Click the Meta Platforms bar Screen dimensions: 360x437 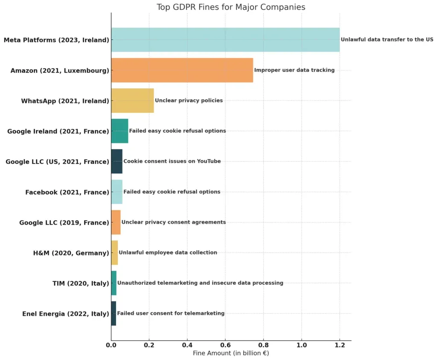tap(225, 40)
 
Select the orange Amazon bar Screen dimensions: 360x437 tap(182, 70)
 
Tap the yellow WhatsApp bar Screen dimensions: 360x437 tap(132, 101)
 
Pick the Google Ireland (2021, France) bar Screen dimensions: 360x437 tap(119, 131)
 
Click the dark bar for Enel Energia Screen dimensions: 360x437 tap(114, 313)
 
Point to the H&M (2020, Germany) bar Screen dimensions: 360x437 tap(114, 252)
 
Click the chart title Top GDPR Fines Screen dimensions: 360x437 tap(231, 7)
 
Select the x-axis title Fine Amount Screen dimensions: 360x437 tap(231, 353)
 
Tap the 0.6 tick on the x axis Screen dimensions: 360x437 tap(225, 344)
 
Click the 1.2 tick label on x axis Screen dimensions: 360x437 tap(340, 344)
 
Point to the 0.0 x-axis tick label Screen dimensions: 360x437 tap(111, 344)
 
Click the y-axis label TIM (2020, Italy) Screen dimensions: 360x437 tap(81, 283)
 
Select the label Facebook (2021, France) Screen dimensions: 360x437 tap(67, 192)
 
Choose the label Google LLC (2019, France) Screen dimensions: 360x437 tap(64, 222)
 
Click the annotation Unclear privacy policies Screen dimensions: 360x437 tap(189, 100)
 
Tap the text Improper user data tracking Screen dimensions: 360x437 tap(294, 70)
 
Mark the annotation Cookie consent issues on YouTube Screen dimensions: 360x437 tap(172, 161)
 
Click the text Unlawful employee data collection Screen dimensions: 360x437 tap(168, 252)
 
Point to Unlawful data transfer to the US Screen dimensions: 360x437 tap(387, 39)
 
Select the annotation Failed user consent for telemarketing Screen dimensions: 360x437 tap(171, 313)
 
